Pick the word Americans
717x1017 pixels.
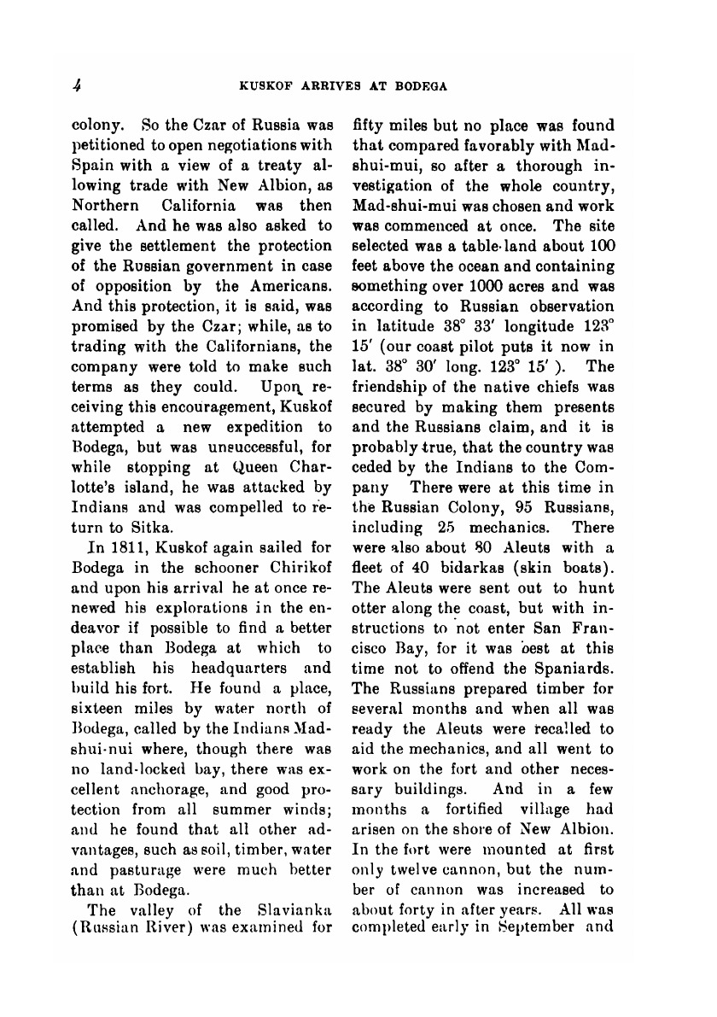point(291,285)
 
